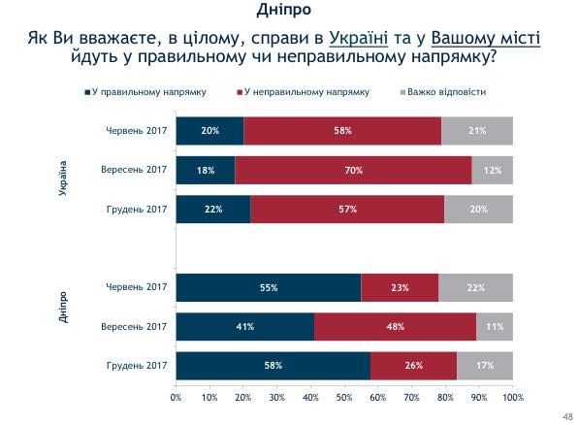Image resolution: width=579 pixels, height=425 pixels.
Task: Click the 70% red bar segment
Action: pyautogui.click(x=353, y=170)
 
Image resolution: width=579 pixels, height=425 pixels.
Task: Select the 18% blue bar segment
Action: pyautogui.click(x=205, y=170)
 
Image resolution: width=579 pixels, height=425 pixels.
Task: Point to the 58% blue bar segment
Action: pyautogui.click(x=273, y=366)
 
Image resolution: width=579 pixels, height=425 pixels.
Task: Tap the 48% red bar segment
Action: pyautogui.click(x=395, y=327)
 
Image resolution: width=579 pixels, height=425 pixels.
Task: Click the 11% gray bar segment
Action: pyautogui.click(x=495, y=327)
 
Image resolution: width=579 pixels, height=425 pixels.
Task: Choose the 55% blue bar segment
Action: pyautogui.click(x=268, y=288)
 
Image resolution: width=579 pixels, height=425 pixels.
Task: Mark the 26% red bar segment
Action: pyautogui.click(x=414, y=366)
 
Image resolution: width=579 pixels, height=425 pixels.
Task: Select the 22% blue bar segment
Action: pyautogui.click(x=212, y=209)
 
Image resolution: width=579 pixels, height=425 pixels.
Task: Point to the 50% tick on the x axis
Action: pyautogui.click(x=344, y=397)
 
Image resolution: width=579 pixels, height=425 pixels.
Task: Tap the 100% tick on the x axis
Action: pyautogui.click(x=512, y=397)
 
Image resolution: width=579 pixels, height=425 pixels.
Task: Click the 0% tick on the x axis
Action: pyautogui.click(x=176, y=397)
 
